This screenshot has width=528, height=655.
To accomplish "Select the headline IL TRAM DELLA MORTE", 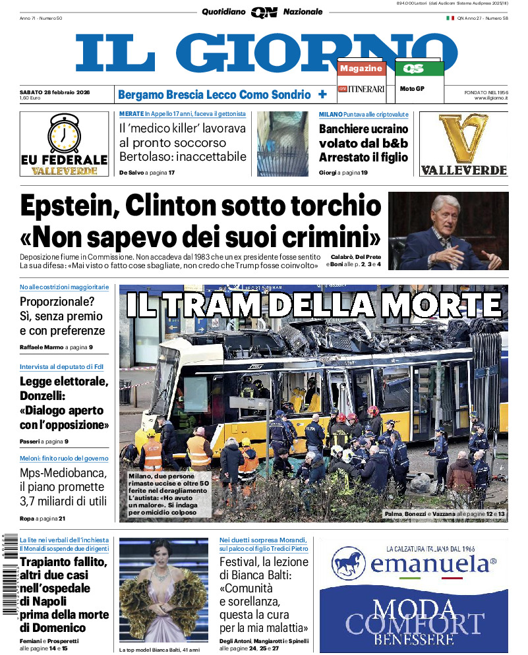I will click(314, 305).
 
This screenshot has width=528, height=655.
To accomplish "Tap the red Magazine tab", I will click(361, 69).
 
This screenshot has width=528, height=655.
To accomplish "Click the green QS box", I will click(419, 69).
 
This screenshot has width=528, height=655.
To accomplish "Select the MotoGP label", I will click(413, 88).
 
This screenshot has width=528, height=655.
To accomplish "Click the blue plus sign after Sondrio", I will click(322, 94).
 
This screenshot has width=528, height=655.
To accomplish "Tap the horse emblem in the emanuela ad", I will click(348, 564).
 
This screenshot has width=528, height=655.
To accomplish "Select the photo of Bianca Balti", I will click(163, 590).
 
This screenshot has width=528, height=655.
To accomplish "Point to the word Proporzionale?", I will click(57, 301).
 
